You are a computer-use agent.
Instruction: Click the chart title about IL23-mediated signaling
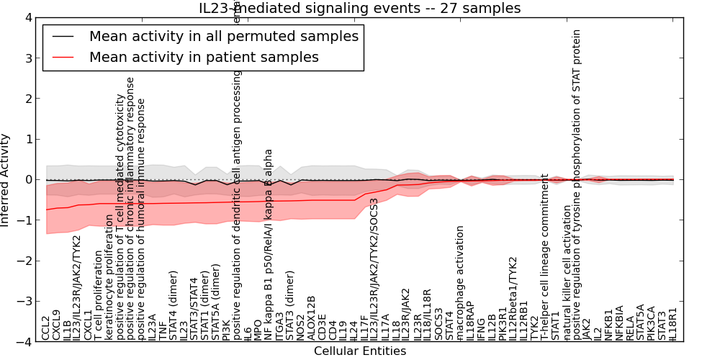(360, 8)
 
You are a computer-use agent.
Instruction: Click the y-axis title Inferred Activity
(6, 180)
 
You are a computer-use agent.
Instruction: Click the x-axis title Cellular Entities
(360, 351)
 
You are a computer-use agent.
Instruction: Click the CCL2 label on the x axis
(46, 328)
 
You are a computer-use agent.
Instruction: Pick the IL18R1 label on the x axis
(673, 325)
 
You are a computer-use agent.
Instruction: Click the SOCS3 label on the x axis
(438, 325)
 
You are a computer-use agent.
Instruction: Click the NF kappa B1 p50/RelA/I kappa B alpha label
(269, 245)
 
